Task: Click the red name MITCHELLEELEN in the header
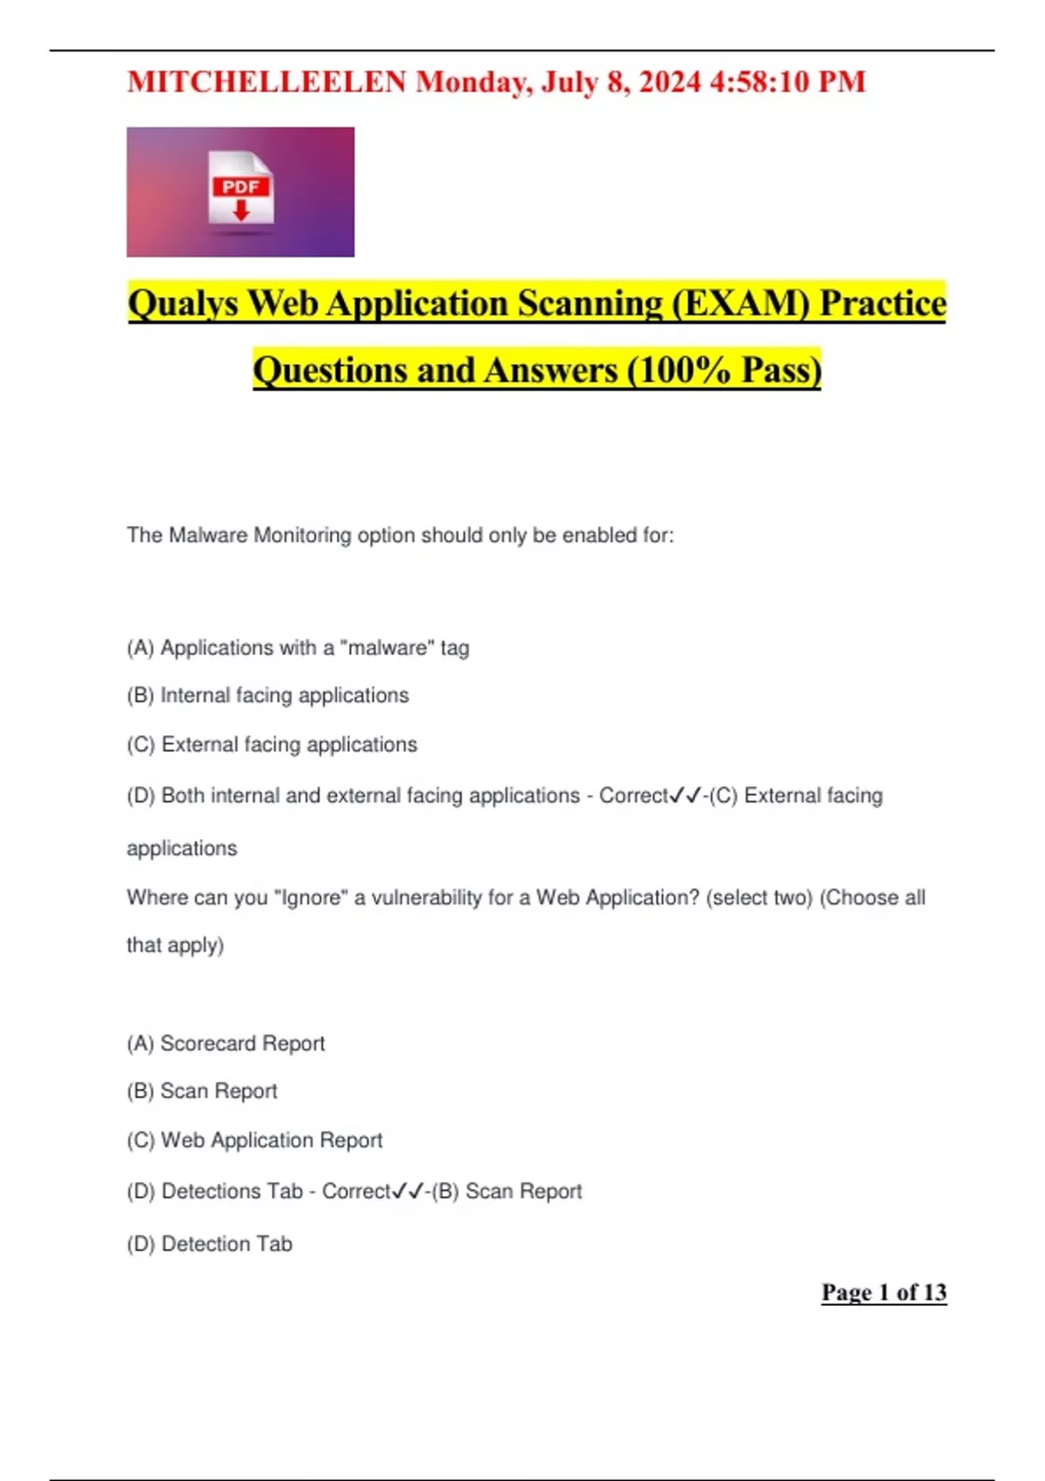[x=266, y=82]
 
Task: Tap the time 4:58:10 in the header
[x=760, y=82]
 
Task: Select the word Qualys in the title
[x=183, y=304]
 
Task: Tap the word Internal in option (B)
[x=195, y=695]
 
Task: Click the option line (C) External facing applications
[x=272, y=745]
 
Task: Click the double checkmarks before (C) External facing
[x=685, y=795]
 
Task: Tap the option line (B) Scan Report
[x=202, y=1091]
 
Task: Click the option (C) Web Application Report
[x=254, y=1140]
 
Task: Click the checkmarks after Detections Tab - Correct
[x=408, y=1191]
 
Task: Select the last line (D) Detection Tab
[x=210, y=1244]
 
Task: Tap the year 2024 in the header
[x=670, y=82]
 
